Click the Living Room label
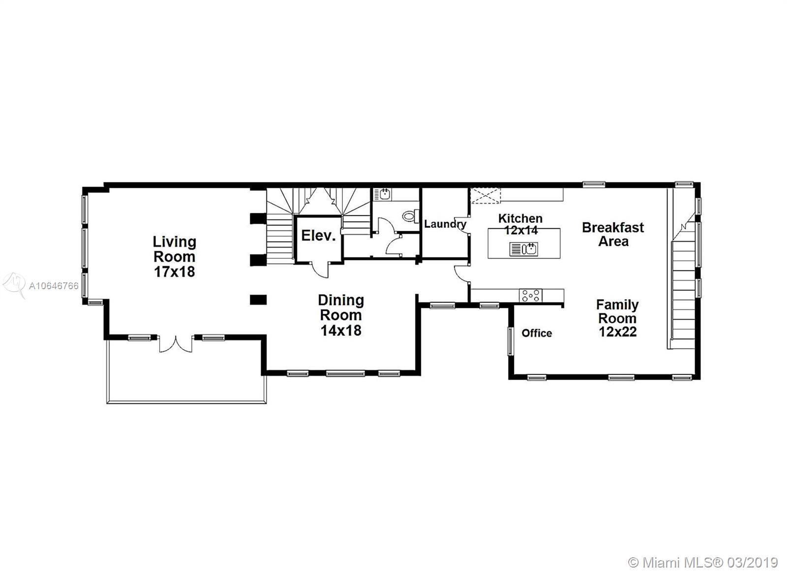point(174,256)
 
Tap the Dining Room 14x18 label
point(341,315)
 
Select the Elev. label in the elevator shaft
point(318,236)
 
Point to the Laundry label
point(445,224)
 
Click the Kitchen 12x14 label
point(520,224)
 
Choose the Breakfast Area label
point(613,234)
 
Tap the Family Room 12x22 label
point(617,318)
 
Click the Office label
point(537,333)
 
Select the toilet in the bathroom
point(411,216)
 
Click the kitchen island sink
point(523,249)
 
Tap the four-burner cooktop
point(531,296)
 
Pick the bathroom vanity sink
point(382,194)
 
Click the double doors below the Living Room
point(176,344)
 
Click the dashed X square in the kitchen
point(485,196)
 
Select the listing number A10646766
point(54,286)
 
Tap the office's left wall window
point(510,341)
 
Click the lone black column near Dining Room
point(258,300)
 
